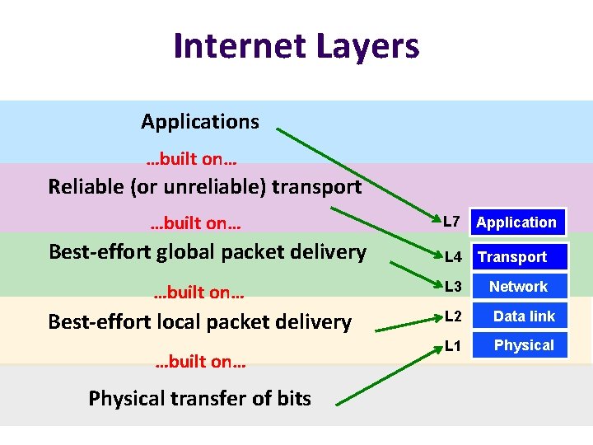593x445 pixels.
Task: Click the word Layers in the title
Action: (x=365, y=47)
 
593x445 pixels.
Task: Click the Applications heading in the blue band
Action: (x=199, y=122)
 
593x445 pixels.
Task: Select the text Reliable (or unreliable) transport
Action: (x=204, y=187)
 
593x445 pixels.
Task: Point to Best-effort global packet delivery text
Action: (x=208, y=251)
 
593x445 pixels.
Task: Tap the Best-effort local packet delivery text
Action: (x=199, y=321)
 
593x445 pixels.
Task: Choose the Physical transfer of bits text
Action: (x=199, y=399)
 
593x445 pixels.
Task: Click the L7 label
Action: (x=451, y=221)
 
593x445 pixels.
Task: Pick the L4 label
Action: (x=452, y=257)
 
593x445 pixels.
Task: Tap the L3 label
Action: (x=452, y=287)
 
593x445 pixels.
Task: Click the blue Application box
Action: (x=516, y=222)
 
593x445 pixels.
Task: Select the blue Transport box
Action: (x=519, y=257)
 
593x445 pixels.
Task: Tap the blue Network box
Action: (x=519, y=287)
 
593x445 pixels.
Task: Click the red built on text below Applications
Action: (x=192, y=157)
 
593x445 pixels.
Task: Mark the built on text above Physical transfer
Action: (x=201, y=362)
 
